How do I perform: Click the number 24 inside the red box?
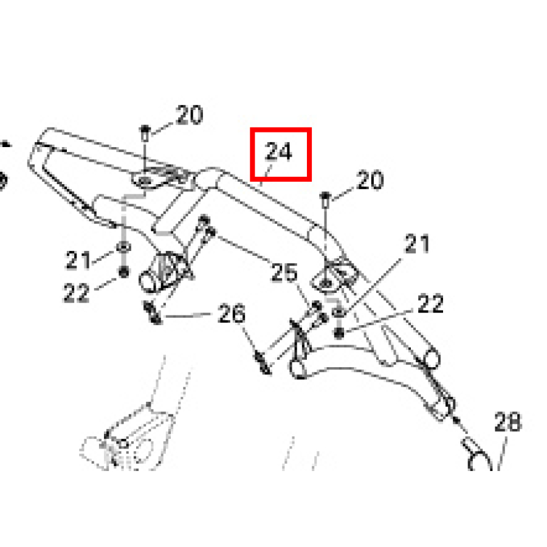[x=278, y=151]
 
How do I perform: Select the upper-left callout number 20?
[x=190, y=114]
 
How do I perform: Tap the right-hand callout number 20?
[x=370, y=180]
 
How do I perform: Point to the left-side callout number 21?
[x=78, y=260]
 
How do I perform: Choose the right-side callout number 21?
[x=417, y=244]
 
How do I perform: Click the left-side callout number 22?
[x=76, y=292]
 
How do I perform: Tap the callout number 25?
[x=284, y=272]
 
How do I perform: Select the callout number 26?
[x=232, y=313]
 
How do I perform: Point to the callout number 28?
[x=508, y=422]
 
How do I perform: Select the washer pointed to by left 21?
[x=123, y=247]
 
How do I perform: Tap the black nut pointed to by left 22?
[x=123, y=272]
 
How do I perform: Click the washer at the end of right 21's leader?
[x=338, y=312]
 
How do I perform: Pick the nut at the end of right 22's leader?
[x=339, y=334]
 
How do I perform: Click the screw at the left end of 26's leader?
[x=153, y=312]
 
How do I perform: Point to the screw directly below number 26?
[x=263, y=363]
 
